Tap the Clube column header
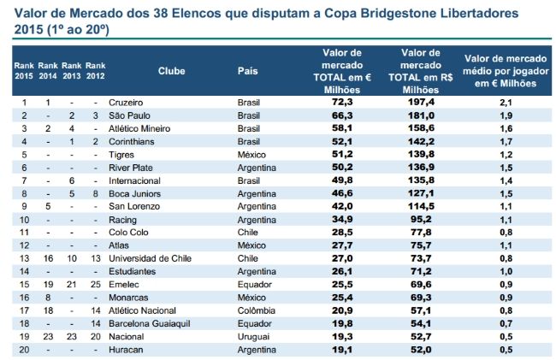(x=171, y=71)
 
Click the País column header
(x=247, y=71)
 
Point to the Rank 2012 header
(x=96, y=71)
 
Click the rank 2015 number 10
(x=24, y=220)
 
